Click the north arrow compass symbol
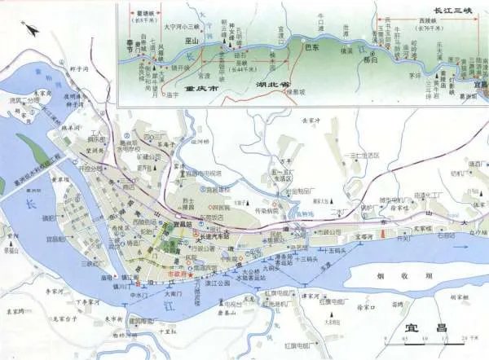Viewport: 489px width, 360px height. [32, 31]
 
